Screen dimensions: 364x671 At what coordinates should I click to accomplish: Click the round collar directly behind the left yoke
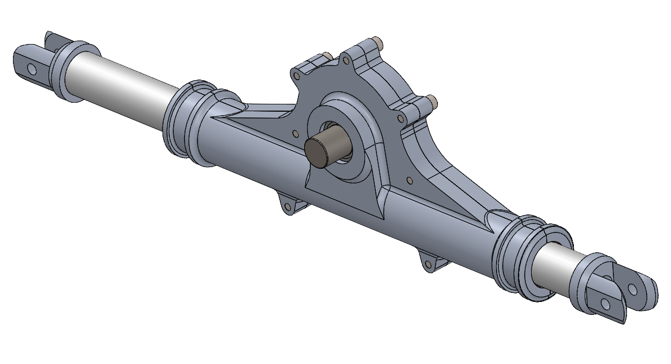76,71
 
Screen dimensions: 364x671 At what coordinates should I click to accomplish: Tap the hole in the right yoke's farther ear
631,290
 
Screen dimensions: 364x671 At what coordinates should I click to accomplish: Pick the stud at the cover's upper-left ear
326,56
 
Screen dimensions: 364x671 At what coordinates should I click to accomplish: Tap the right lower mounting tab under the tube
431,262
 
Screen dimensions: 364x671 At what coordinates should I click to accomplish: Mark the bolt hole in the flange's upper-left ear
296,75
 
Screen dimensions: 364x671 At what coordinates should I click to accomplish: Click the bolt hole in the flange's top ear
345,59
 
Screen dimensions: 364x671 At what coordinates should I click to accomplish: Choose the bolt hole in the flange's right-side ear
401,119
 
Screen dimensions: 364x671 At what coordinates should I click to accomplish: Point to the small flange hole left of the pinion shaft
296,134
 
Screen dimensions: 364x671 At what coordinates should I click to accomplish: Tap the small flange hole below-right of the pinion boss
410,181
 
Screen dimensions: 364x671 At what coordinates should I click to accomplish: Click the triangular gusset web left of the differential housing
254,116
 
